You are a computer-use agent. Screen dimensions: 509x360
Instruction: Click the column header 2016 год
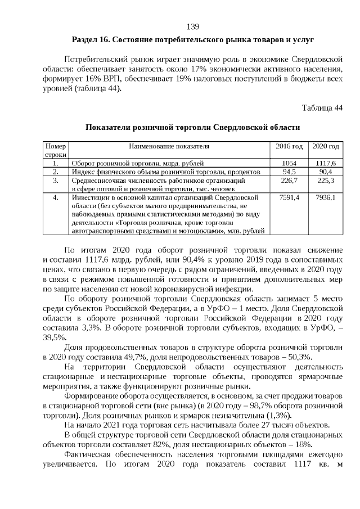(289, 146)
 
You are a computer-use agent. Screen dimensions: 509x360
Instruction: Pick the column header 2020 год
(326, 146)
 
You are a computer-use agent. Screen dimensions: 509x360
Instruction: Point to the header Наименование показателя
(169, 146)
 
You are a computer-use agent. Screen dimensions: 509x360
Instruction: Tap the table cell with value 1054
(289, 163)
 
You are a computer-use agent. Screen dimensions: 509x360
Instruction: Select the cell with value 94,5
(289, 172)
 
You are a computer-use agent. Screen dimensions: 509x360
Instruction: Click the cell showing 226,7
(289, 181)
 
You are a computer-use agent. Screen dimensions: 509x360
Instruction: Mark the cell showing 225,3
(326, 181)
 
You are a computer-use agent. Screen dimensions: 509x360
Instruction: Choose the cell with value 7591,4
(289, 199)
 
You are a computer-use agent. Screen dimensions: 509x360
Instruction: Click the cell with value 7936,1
(326, 199)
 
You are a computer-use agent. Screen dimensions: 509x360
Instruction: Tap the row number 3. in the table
(56, 181)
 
